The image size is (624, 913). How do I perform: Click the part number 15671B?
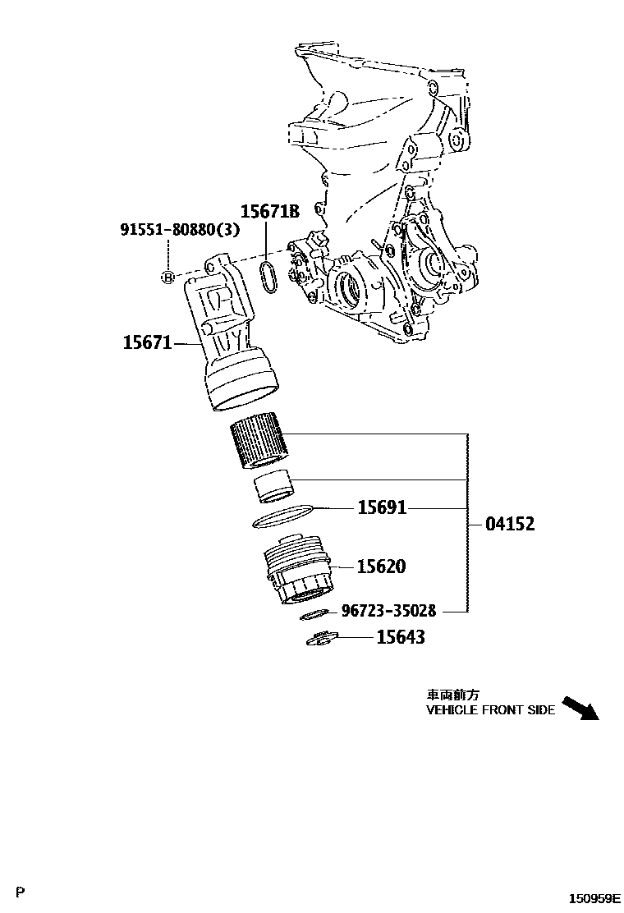click(269, 211)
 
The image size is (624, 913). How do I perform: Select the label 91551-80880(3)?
click(180, 230)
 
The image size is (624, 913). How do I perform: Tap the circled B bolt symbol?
click(167, 278)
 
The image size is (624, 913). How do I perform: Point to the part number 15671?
click(147, 342)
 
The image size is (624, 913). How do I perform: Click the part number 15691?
click(382, 508)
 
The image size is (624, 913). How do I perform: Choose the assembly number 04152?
click(509, 523)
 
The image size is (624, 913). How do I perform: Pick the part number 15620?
click(382, 567)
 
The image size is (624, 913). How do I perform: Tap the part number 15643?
click(401, 636)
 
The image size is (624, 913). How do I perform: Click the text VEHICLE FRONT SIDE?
click(490, 710)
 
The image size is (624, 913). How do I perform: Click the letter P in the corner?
click(21, 892)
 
